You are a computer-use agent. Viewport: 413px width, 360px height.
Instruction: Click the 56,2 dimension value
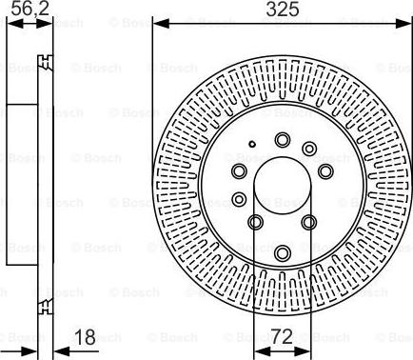click(30, 9)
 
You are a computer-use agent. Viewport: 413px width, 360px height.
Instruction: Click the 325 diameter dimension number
click(283, 9)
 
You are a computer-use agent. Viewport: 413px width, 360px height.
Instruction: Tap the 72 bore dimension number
click(282, 336)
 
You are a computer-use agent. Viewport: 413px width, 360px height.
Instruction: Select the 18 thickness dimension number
click(85, 337)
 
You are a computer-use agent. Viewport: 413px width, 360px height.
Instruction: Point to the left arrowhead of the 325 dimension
click(161, 23)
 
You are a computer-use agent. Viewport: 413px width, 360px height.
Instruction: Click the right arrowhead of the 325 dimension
click(403, 23)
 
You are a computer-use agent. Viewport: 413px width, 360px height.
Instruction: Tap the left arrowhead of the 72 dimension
click(263, 351)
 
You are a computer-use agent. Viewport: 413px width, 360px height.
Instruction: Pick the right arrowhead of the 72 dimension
click(303, 351)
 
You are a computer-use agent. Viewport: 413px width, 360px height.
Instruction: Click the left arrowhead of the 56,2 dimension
click(15, 24)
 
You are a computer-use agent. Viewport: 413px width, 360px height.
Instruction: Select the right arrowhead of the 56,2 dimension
click(45, 24)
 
